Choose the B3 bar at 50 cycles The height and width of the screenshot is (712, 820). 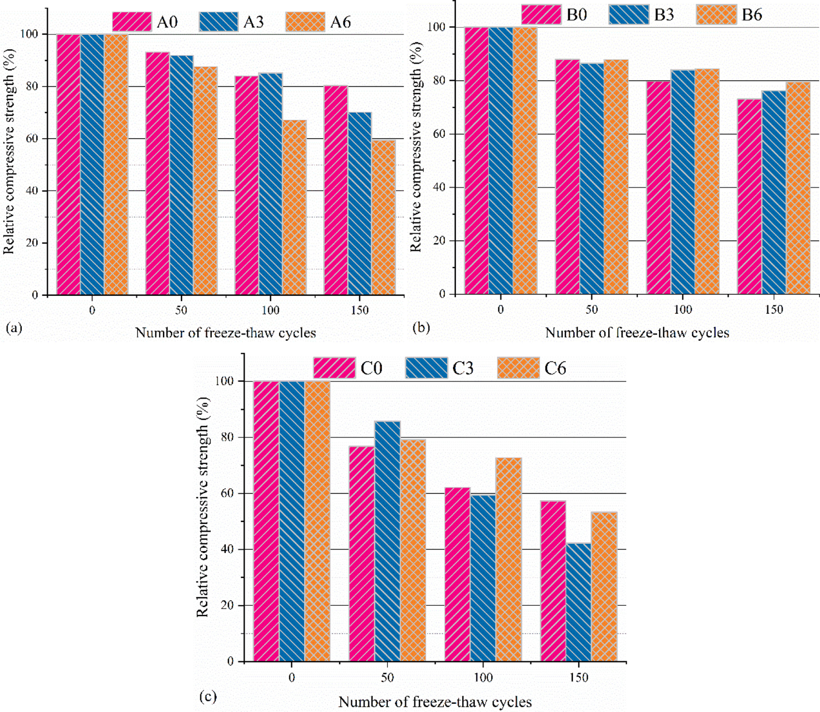591,178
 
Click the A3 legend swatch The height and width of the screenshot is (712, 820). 218,22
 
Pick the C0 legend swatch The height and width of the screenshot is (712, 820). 334,368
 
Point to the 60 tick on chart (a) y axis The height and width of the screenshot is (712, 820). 33,139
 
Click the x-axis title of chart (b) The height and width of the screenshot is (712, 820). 637,333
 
